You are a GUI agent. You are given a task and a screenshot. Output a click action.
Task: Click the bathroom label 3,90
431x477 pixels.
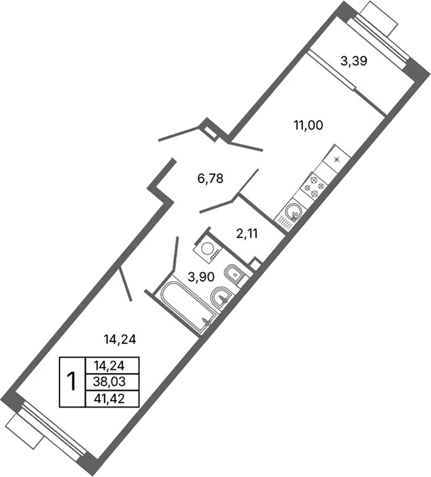tap(200, 277)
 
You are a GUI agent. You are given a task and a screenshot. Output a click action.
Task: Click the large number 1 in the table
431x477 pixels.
tap(72, 382)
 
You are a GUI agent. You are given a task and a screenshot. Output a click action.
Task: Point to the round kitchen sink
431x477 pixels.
tap(292, 214)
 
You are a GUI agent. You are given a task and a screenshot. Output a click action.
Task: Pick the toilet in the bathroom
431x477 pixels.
tap(234, 274)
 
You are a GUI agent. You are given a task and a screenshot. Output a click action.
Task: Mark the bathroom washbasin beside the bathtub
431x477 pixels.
tap(220, 297)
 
